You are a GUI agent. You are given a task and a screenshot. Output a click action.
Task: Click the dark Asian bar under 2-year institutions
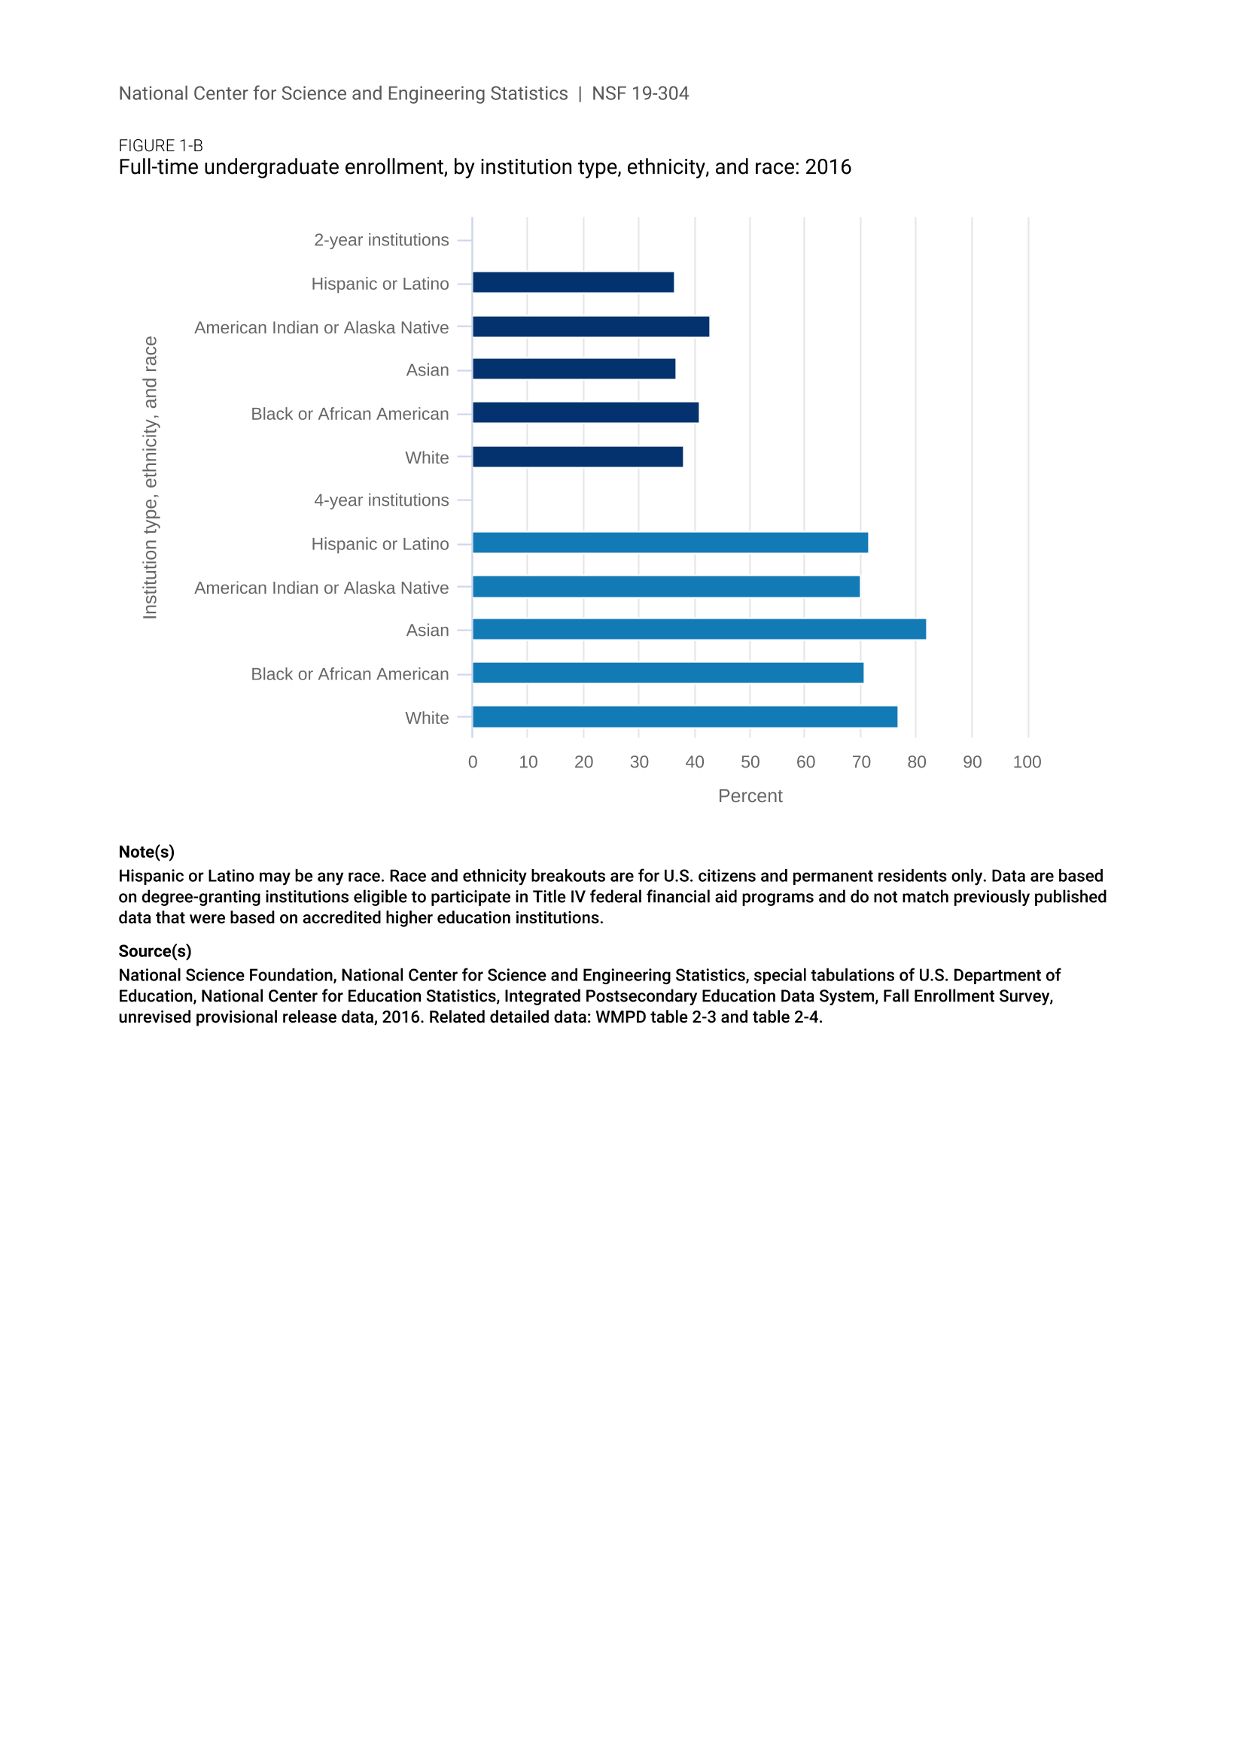(x=574, y=369)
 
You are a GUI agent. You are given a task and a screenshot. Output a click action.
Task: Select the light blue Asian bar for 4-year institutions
(x=699, y=629)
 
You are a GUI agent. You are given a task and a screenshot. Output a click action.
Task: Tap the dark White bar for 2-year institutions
(x=577, y=457)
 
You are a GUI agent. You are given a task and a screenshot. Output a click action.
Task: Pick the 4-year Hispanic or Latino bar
(x=670, y=543)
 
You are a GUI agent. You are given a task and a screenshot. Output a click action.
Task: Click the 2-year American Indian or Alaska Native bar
(x=590, y=327)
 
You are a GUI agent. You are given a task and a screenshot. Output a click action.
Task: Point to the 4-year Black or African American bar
(x=668, y=673)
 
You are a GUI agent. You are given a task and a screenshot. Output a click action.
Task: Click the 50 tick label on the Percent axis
(x=750, y=762)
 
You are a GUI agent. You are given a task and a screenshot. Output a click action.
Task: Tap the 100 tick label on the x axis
(x=1027, y=762)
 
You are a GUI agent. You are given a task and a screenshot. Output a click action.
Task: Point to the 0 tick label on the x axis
(x=472, y=762)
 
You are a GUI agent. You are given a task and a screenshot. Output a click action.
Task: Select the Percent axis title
(x=750, y=795)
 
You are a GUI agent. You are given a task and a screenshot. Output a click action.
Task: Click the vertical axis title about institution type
(x=151, y=478)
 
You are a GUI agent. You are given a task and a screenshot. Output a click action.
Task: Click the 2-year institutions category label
(x=381, y=240)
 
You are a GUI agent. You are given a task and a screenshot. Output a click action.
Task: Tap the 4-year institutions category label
(x=381, y=500)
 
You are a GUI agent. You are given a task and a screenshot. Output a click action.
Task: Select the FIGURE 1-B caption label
(x=160, y=146)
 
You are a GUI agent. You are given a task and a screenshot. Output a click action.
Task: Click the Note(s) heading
(x=147, y=852)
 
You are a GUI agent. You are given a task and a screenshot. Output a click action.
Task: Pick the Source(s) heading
(x=155, y=950)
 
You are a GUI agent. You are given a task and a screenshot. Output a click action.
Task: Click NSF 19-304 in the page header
(x=640, y=93)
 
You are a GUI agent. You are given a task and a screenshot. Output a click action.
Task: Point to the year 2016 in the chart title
(x=828, y=167)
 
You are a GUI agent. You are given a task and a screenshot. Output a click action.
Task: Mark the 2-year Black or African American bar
(x=586, y=412)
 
